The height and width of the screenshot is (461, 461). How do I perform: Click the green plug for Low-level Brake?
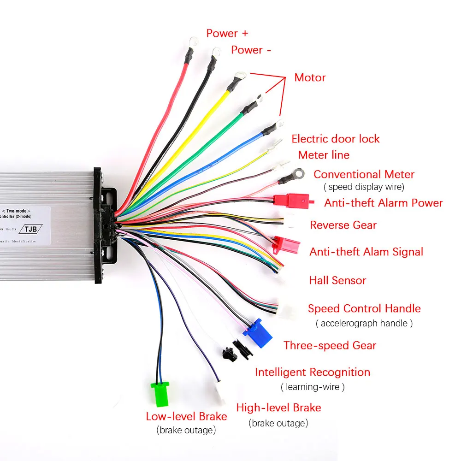[160, 394]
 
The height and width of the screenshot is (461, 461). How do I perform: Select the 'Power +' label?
[227, 33]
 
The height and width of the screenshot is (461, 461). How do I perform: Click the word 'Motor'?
[310, 77]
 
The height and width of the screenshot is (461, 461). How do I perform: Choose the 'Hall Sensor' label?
[337, 280]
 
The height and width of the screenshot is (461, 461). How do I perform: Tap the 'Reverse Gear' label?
[343, 225]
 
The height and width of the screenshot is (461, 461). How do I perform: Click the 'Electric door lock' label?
[336, 139]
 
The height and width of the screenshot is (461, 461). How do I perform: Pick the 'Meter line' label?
[324, 155]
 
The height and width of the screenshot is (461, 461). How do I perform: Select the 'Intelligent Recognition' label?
[313, 372]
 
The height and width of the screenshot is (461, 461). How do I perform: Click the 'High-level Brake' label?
[278, 408]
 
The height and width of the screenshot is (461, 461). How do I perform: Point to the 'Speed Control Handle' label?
[364, 308]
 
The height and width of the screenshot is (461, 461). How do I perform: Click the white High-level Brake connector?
[220, 390]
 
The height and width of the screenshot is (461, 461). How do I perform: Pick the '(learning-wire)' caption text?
[313, 387]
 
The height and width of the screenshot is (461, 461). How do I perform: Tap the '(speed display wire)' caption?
[364, 187]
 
